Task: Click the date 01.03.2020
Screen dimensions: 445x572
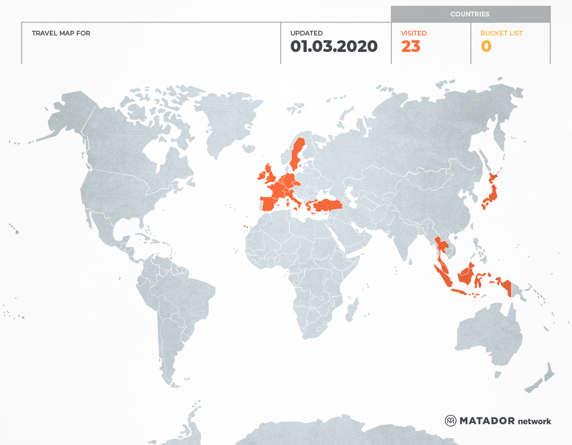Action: pyautogui.click(x=334, y=47)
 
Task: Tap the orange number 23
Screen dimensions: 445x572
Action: pyautogui.click(x=410, y=47)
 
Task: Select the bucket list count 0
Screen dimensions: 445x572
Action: pyautogui.click(x=486, y=47)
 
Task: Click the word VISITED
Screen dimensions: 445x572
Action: pyautogui.click(x=414, y=33)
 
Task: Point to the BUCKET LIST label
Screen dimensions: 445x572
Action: pyautogui.click(x=501, y=33)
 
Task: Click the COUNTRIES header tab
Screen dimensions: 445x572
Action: pyautogui.click(x=470, y=14)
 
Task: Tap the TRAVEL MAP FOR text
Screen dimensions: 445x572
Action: pyautogui.click(x=61, y=33)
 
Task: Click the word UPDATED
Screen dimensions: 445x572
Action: pyautogui.click(x=306, y=33)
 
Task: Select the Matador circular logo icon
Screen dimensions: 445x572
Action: pyautogui.click(x=451, y=421)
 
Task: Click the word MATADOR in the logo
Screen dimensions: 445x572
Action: pyautogui.click(x=487, y=421)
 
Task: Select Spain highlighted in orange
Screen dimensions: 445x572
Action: pyautogui.click(x=270, y=203)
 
